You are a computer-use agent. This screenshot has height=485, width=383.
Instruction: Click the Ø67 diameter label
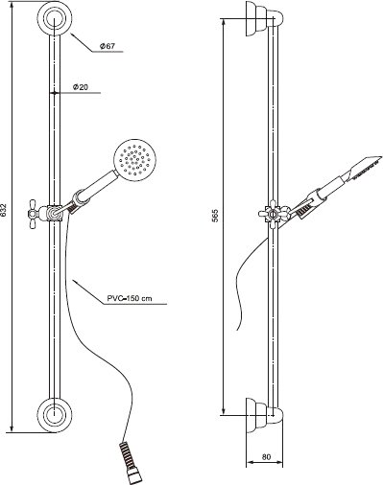[108, 46]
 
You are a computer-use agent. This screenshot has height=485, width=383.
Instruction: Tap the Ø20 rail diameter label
[81, 86]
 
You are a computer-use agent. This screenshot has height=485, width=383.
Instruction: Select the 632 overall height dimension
[4, 210]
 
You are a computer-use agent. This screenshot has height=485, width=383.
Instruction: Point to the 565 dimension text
[215, 216]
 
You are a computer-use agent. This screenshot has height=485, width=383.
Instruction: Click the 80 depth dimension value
[266, 456]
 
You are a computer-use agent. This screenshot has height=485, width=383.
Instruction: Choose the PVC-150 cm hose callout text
[130, 299]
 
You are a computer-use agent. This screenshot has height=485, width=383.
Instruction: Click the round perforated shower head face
[134, 158]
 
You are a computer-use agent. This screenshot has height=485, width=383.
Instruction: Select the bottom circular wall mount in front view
[55, 415]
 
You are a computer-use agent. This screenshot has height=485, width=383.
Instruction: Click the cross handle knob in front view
[34, 214]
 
